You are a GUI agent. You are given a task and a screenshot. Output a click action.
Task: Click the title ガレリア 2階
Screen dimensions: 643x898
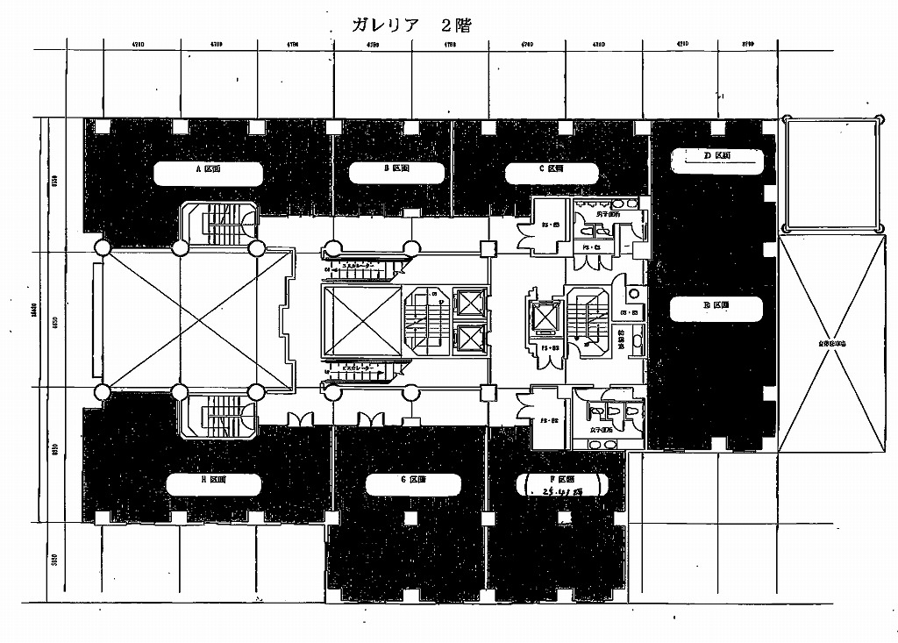pos(410,25)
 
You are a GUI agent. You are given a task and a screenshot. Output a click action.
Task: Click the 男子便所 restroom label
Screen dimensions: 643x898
pos(608,213)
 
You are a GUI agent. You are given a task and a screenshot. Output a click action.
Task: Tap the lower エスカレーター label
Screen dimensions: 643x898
pos(360,367)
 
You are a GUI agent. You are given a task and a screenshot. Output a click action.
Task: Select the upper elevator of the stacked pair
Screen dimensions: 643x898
pos(471,304)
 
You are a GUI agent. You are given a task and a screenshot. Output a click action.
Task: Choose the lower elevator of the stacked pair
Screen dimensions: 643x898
pos(471,338)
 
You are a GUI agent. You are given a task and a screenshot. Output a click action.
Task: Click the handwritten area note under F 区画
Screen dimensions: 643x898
pos(559,493)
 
